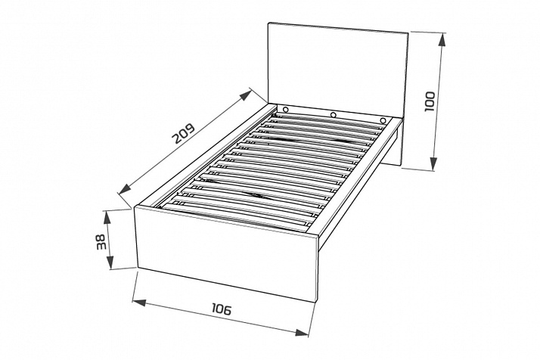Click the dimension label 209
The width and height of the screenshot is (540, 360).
(x=185, y=133)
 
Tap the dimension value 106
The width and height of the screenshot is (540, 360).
(x=222, y=309)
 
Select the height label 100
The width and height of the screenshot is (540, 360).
(x=430, y=101)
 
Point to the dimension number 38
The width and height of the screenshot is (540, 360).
(x=101, y=242)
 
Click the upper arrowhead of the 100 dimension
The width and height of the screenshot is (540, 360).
(x=442, y=39)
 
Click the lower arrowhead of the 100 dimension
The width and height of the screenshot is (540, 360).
(x=434, y=163)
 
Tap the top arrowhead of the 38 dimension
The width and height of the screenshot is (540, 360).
(x=107, y=217)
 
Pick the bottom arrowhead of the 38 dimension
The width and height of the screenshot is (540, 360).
(x=110, y=262)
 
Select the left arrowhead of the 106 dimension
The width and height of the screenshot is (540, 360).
(x=139, y=303)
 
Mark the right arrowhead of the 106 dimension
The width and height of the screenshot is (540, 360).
(x=302, y=333)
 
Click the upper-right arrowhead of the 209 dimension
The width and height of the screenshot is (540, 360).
(x=246, y=95)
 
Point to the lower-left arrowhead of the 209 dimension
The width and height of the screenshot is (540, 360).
(x=125, y=189)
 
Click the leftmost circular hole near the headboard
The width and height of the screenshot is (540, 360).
(x=285, y=110)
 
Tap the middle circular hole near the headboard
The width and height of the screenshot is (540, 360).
(x=334, y=115)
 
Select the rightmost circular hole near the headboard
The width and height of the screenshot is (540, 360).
(x=383, y=120)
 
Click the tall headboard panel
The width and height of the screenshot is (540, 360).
(x=337, y=69)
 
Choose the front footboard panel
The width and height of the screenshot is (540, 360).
(x=226, y=253)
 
